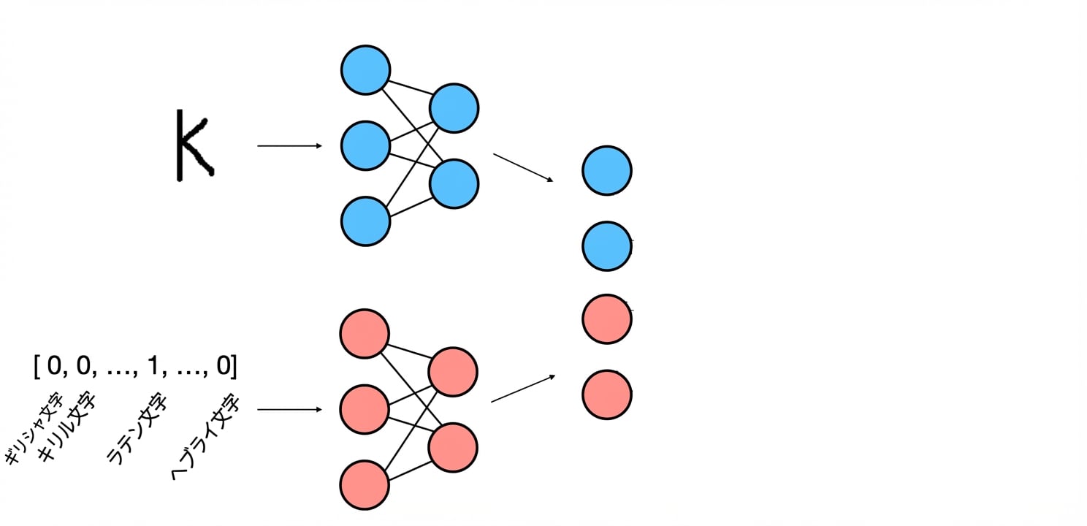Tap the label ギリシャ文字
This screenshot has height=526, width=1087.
coord(34,428)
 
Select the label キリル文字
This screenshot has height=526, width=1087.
coord(67,427)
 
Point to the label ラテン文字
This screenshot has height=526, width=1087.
coord(137,428)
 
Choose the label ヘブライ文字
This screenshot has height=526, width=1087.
coord(206,438)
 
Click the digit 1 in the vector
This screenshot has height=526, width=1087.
coord(153,365)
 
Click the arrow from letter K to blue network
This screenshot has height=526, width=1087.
coord(290,145)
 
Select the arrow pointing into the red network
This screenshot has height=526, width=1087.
coord(290,410)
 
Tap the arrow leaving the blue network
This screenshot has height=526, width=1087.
coord(523,168)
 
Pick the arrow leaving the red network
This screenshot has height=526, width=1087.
coord(523,389)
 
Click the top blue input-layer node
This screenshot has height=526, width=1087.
coord(365,70)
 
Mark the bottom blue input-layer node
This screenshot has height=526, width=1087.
coord(365,221)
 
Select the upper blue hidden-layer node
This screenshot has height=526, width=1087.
coord(454,107)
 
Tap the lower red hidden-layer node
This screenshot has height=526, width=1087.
coord(453,447)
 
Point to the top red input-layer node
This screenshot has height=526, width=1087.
coord(365,334)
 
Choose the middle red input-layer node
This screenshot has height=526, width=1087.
coord(365,410)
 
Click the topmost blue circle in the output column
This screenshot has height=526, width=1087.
coord(606,171)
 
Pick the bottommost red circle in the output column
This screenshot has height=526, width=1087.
coord(606,394)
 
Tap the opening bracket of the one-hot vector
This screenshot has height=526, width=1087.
coord(37,366)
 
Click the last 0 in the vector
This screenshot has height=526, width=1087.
coord(224,365)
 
